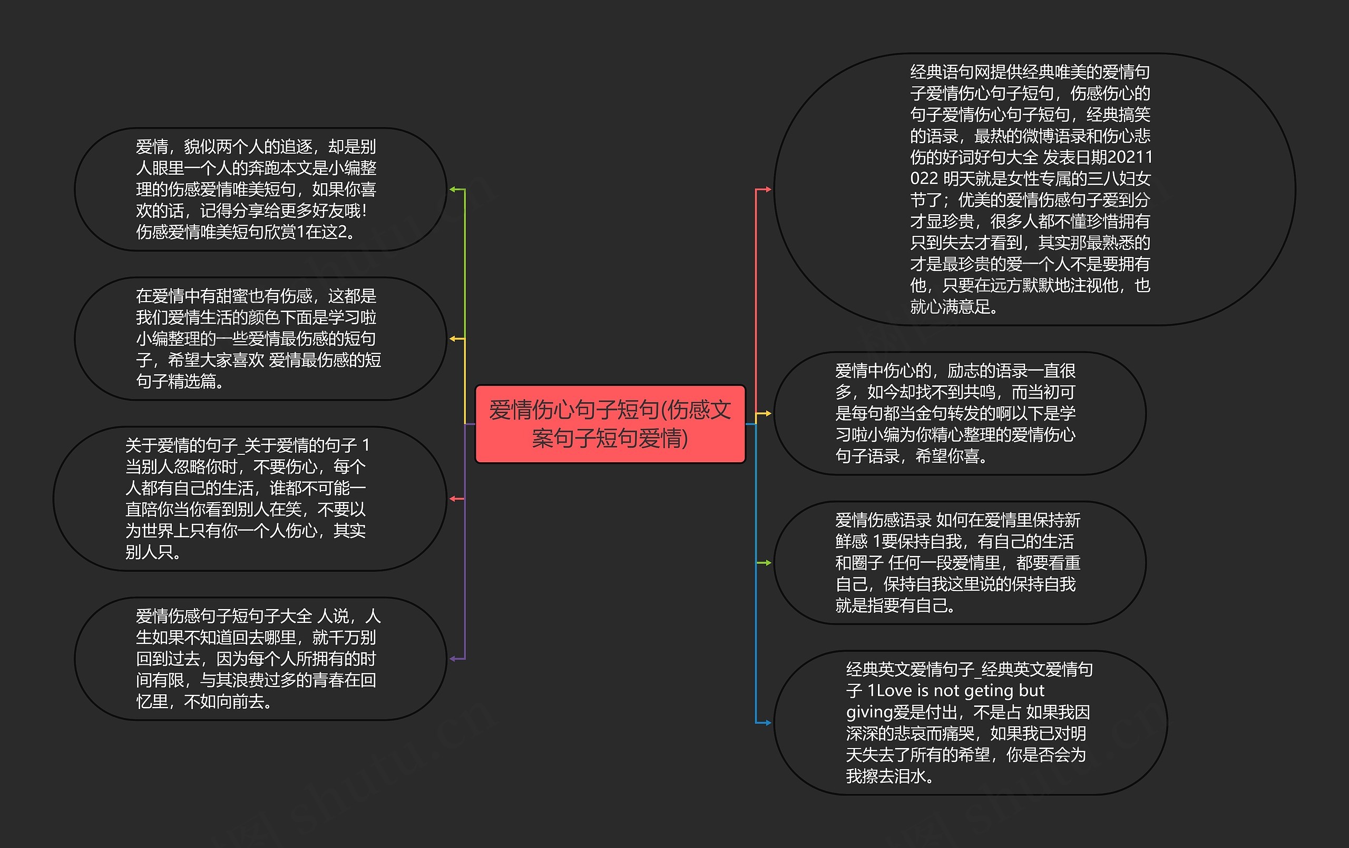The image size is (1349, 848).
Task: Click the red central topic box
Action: point(610,424)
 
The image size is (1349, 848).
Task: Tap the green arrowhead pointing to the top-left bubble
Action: point(453,189)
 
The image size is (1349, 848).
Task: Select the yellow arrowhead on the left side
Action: point(453,338)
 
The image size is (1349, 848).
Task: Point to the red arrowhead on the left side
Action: point(453,498)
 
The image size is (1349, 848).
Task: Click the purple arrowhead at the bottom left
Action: point(453,659)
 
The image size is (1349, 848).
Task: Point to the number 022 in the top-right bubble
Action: point(924,178)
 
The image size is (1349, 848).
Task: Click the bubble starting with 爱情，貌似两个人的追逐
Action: point(260,189)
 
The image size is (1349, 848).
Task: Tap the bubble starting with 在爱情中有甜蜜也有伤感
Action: point(260,338)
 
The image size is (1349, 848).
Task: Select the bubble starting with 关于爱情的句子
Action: point(250,498)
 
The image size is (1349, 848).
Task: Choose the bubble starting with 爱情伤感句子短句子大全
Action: point(260,659)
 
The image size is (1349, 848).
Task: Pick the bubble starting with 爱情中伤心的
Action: point(959,414)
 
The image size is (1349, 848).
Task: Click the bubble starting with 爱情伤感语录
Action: point(959,563)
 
